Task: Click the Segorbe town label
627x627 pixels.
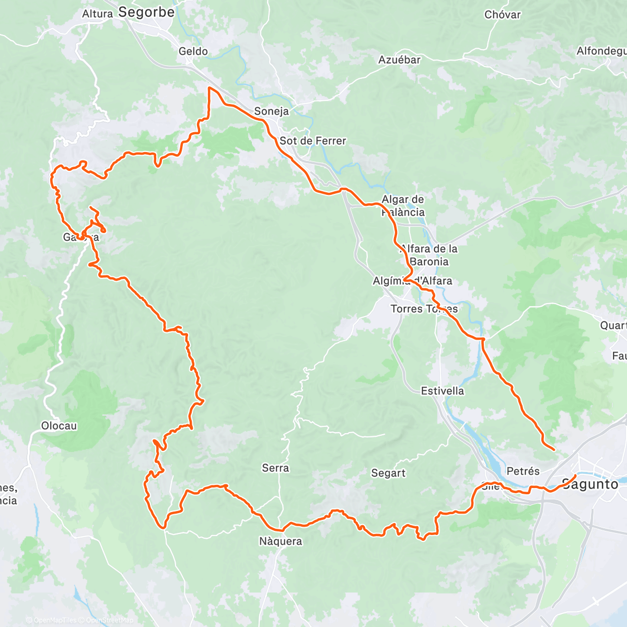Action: tap(146, 12)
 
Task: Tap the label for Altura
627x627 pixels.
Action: tap(97, 14)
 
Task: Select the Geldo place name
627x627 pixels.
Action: tap(193, 51)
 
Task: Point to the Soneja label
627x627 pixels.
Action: tap(271, 111)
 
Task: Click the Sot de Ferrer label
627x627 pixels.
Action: tap(312, 141)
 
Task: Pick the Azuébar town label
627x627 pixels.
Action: tap(399, 60)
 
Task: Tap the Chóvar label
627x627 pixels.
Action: tap(502, 15)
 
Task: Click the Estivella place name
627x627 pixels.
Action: tap(442, 391)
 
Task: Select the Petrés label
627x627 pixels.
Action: tap(522, 471)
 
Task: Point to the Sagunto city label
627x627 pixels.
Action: tap(590, 484)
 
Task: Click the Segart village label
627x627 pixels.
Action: tap(388, 473)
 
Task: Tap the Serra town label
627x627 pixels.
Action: tap(275, 468)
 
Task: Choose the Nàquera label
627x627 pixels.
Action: tap(281, 541)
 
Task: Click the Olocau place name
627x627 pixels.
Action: tap(59, 426)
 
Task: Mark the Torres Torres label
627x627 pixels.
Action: tap(424, 309)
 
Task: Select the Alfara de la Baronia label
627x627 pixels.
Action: tap(428, 255)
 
